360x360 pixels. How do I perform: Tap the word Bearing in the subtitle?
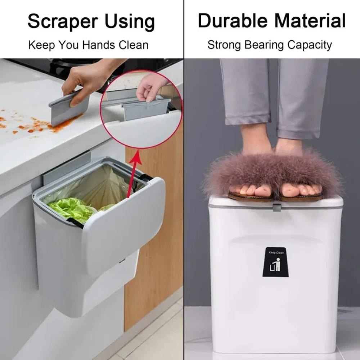(x=264, y=45)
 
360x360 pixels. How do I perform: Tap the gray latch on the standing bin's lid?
(x=276, y=207)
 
